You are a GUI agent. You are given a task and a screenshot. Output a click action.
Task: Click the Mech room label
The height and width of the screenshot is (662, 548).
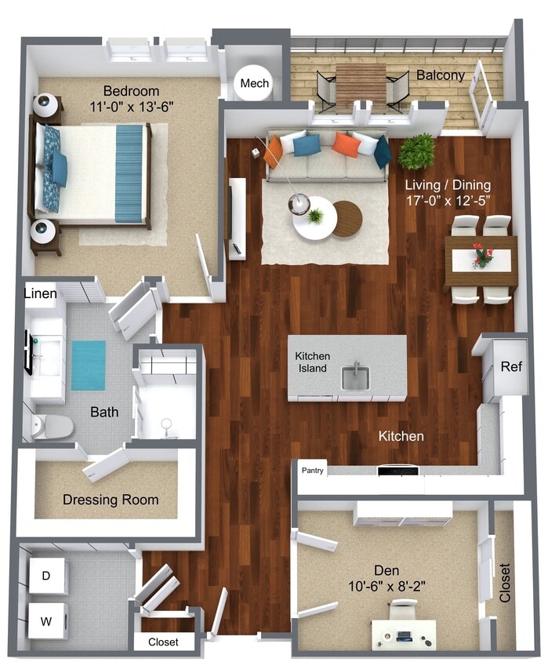pos(254,83)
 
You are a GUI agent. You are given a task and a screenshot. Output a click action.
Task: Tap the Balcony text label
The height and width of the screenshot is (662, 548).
pos(440,75)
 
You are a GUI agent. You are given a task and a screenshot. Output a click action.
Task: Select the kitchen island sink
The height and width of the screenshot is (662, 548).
pos(355,378)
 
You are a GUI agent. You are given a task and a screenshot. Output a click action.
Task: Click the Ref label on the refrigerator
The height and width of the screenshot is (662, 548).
pos(511,366)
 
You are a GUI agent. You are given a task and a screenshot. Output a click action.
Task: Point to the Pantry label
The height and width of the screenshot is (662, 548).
pos(313,471)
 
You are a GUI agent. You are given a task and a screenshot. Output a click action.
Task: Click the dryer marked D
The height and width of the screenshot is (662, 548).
pos(46,576)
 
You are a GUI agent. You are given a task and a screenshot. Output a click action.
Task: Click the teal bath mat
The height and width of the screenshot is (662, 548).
pos(89,365)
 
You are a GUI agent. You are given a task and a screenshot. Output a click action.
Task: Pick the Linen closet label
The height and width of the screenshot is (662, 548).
pos(40,294)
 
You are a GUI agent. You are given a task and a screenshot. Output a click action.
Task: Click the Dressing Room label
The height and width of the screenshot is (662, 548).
pos(111,500)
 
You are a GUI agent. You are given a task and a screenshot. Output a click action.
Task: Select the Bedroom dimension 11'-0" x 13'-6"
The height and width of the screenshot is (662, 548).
pos(132,105)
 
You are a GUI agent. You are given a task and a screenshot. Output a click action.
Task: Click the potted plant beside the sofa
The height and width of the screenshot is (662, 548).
pos(416,151)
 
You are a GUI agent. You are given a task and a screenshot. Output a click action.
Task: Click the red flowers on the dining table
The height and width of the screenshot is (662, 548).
pos(483,255)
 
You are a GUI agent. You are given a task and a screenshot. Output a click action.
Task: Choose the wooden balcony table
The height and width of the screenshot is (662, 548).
pos(361,85)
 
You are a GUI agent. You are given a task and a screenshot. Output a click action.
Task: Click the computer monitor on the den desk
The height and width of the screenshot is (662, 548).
pos(405,634)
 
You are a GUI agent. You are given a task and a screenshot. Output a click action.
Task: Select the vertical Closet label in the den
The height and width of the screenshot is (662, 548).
pos(505,582)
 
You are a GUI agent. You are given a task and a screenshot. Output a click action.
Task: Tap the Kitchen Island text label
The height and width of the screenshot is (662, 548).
pos(312,362)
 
